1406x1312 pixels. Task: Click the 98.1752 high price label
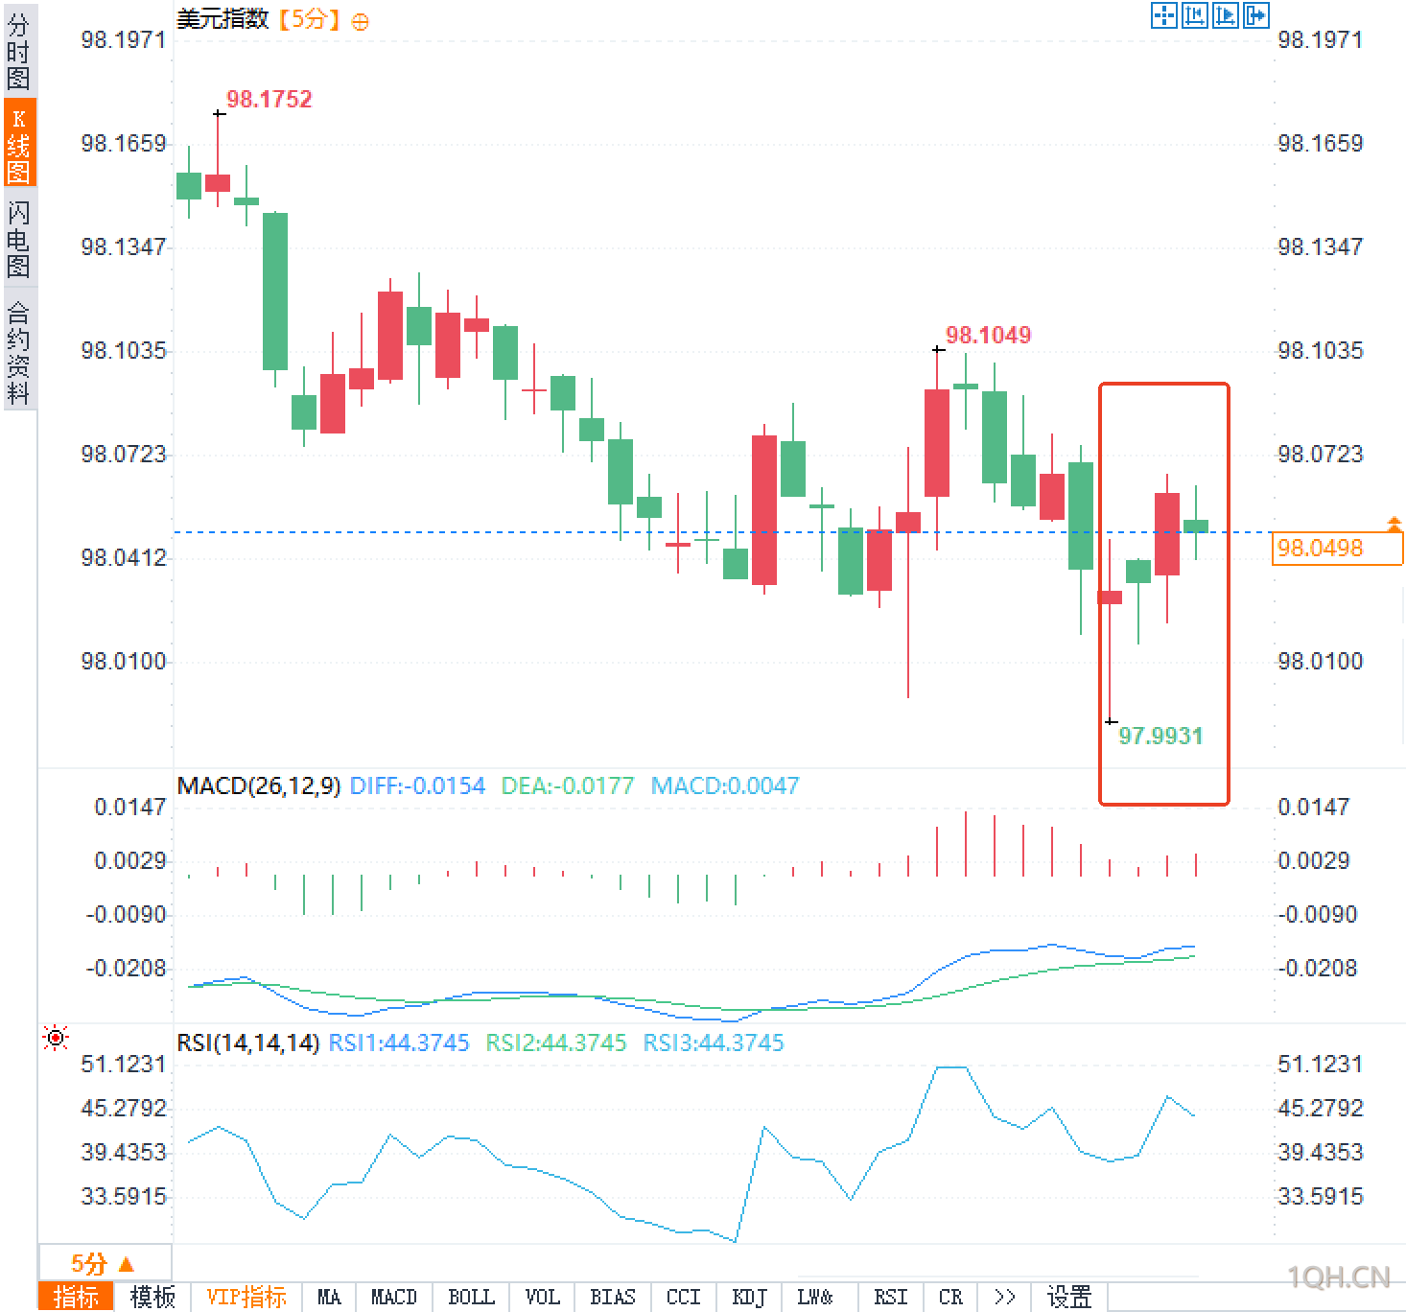tap(269, 100)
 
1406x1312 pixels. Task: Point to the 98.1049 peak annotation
tap(988, 336)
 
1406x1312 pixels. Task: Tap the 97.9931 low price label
tap(1160, 737)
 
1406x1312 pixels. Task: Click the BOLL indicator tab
tap(471, 1298)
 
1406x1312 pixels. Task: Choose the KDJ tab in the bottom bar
tap(749, 1298)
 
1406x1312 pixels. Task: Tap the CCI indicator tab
tap(683, 1298)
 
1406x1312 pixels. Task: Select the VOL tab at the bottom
tap(542, 1298)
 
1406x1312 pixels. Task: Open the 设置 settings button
tap(1068, 1298)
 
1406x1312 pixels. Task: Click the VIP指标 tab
tap(246, 1298)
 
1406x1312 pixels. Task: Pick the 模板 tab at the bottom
tap(152, 1298)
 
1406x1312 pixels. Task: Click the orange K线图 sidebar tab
tap(18, 145)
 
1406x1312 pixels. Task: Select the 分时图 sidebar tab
tap(18, 52)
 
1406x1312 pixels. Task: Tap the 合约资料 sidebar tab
tap(18, 352)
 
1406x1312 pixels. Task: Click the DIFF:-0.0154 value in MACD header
tap(417, 786)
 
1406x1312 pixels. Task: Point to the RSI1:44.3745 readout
tap(399, 1043)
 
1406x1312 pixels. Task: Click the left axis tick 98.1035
tap(124, 351)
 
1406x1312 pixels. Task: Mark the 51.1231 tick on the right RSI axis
tap(1320, 1065)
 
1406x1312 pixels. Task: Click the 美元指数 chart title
tap(223, 19)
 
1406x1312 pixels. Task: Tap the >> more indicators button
tap(1004, 1298)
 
